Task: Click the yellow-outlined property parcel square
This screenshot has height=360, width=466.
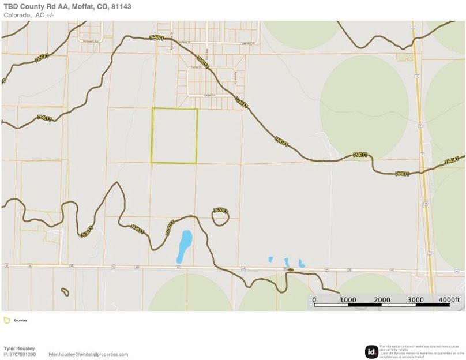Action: (175, 136)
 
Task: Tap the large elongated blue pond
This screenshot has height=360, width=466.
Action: (185, 245)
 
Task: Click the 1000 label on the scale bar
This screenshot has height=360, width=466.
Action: (348, 300)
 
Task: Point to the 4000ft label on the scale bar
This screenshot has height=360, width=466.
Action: (449, 300)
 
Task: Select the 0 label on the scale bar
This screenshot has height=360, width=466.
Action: (314, 300)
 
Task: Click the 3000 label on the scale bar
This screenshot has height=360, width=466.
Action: (415, 300)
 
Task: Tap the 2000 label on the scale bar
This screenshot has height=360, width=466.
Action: (382, 300)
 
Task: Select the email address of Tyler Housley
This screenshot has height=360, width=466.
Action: (88, 354)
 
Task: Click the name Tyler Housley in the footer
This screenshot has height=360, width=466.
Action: (19, 348)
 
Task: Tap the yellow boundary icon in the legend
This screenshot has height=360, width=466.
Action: (6, 320)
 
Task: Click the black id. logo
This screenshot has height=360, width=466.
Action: (371, 351)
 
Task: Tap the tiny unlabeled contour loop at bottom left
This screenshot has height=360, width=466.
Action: (65, 292)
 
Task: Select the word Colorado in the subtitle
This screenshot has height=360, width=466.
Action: (17, 15)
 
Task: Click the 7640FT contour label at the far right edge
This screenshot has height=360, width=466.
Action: (453, 160)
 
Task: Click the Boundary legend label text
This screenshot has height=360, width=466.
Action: (21, 320)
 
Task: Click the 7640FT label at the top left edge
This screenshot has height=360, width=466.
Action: (42, 58)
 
